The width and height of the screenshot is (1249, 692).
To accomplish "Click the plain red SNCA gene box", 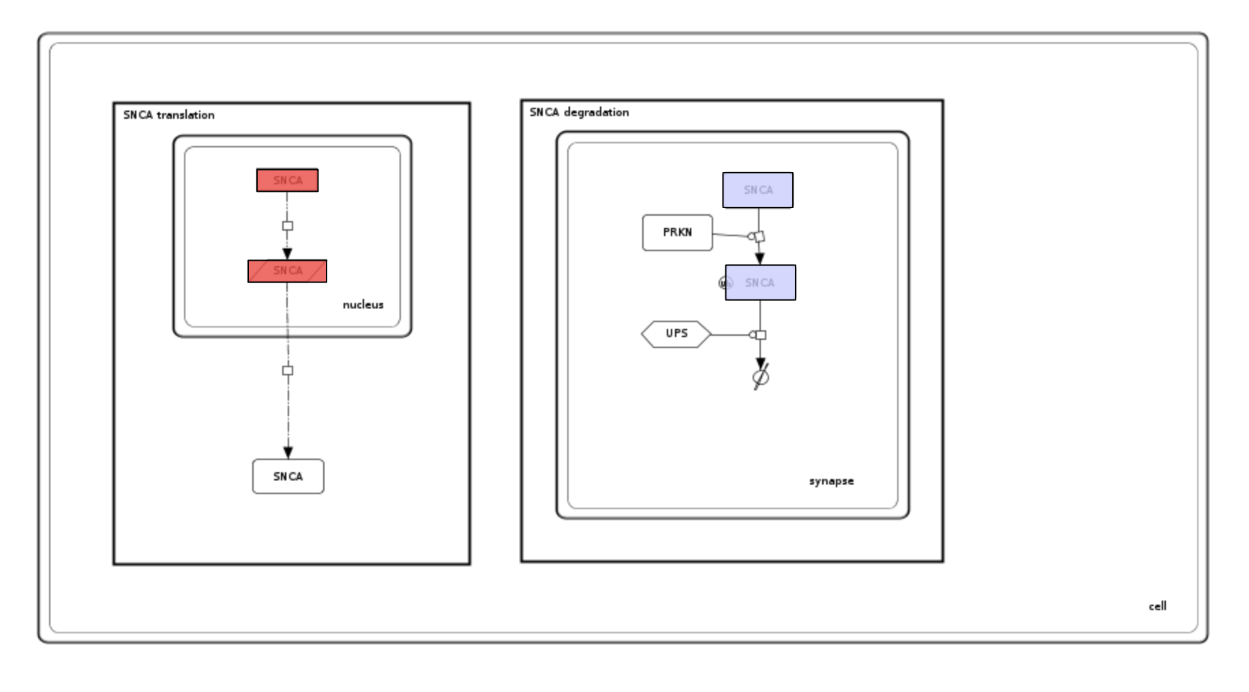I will [x=287, y=180].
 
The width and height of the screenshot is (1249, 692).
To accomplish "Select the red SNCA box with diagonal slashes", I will [x=287, y=271].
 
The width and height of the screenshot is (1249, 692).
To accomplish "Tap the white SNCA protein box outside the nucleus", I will [x=288, y=476].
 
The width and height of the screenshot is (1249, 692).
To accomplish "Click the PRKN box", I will [x=677, y=233].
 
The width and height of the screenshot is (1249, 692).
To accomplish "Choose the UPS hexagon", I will [x=676, y=334].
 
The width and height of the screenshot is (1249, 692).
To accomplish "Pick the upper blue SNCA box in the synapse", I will [x=757, y=190].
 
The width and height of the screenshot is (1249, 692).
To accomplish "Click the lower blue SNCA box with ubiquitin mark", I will [x=761, y=283].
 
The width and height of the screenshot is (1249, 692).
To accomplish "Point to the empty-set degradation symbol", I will [x=761, y=377].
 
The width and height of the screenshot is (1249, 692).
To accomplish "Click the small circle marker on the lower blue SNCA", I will [x=725, y=283].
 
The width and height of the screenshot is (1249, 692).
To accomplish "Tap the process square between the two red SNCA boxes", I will [x=288, y=226].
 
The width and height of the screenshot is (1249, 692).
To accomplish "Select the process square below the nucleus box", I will [x=288, y=371].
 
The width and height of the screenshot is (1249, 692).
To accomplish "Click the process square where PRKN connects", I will [x=759, y=237].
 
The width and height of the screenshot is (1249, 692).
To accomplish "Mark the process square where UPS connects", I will [x=761, y=335].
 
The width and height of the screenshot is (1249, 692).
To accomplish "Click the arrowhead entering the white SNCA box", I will [x=288, y=452].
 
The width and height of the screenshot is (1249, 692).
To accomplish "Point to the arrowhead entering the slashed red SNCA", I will [x=287, y=254].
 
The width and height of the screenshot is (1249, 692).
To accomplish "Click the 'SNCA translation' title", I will [x=168, y=115].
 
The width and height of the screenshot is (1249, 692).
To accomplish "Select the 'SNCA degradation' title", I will [x=579, y=112].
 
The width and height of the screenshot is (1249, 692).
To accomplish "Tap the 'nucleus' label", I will [x=363, y=304].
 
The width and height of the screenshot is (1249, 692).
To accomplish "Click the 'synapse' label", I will [x=831, y=481].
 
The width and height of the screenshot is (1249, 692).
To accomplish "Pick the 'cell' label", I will [x=1157, y=606].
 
